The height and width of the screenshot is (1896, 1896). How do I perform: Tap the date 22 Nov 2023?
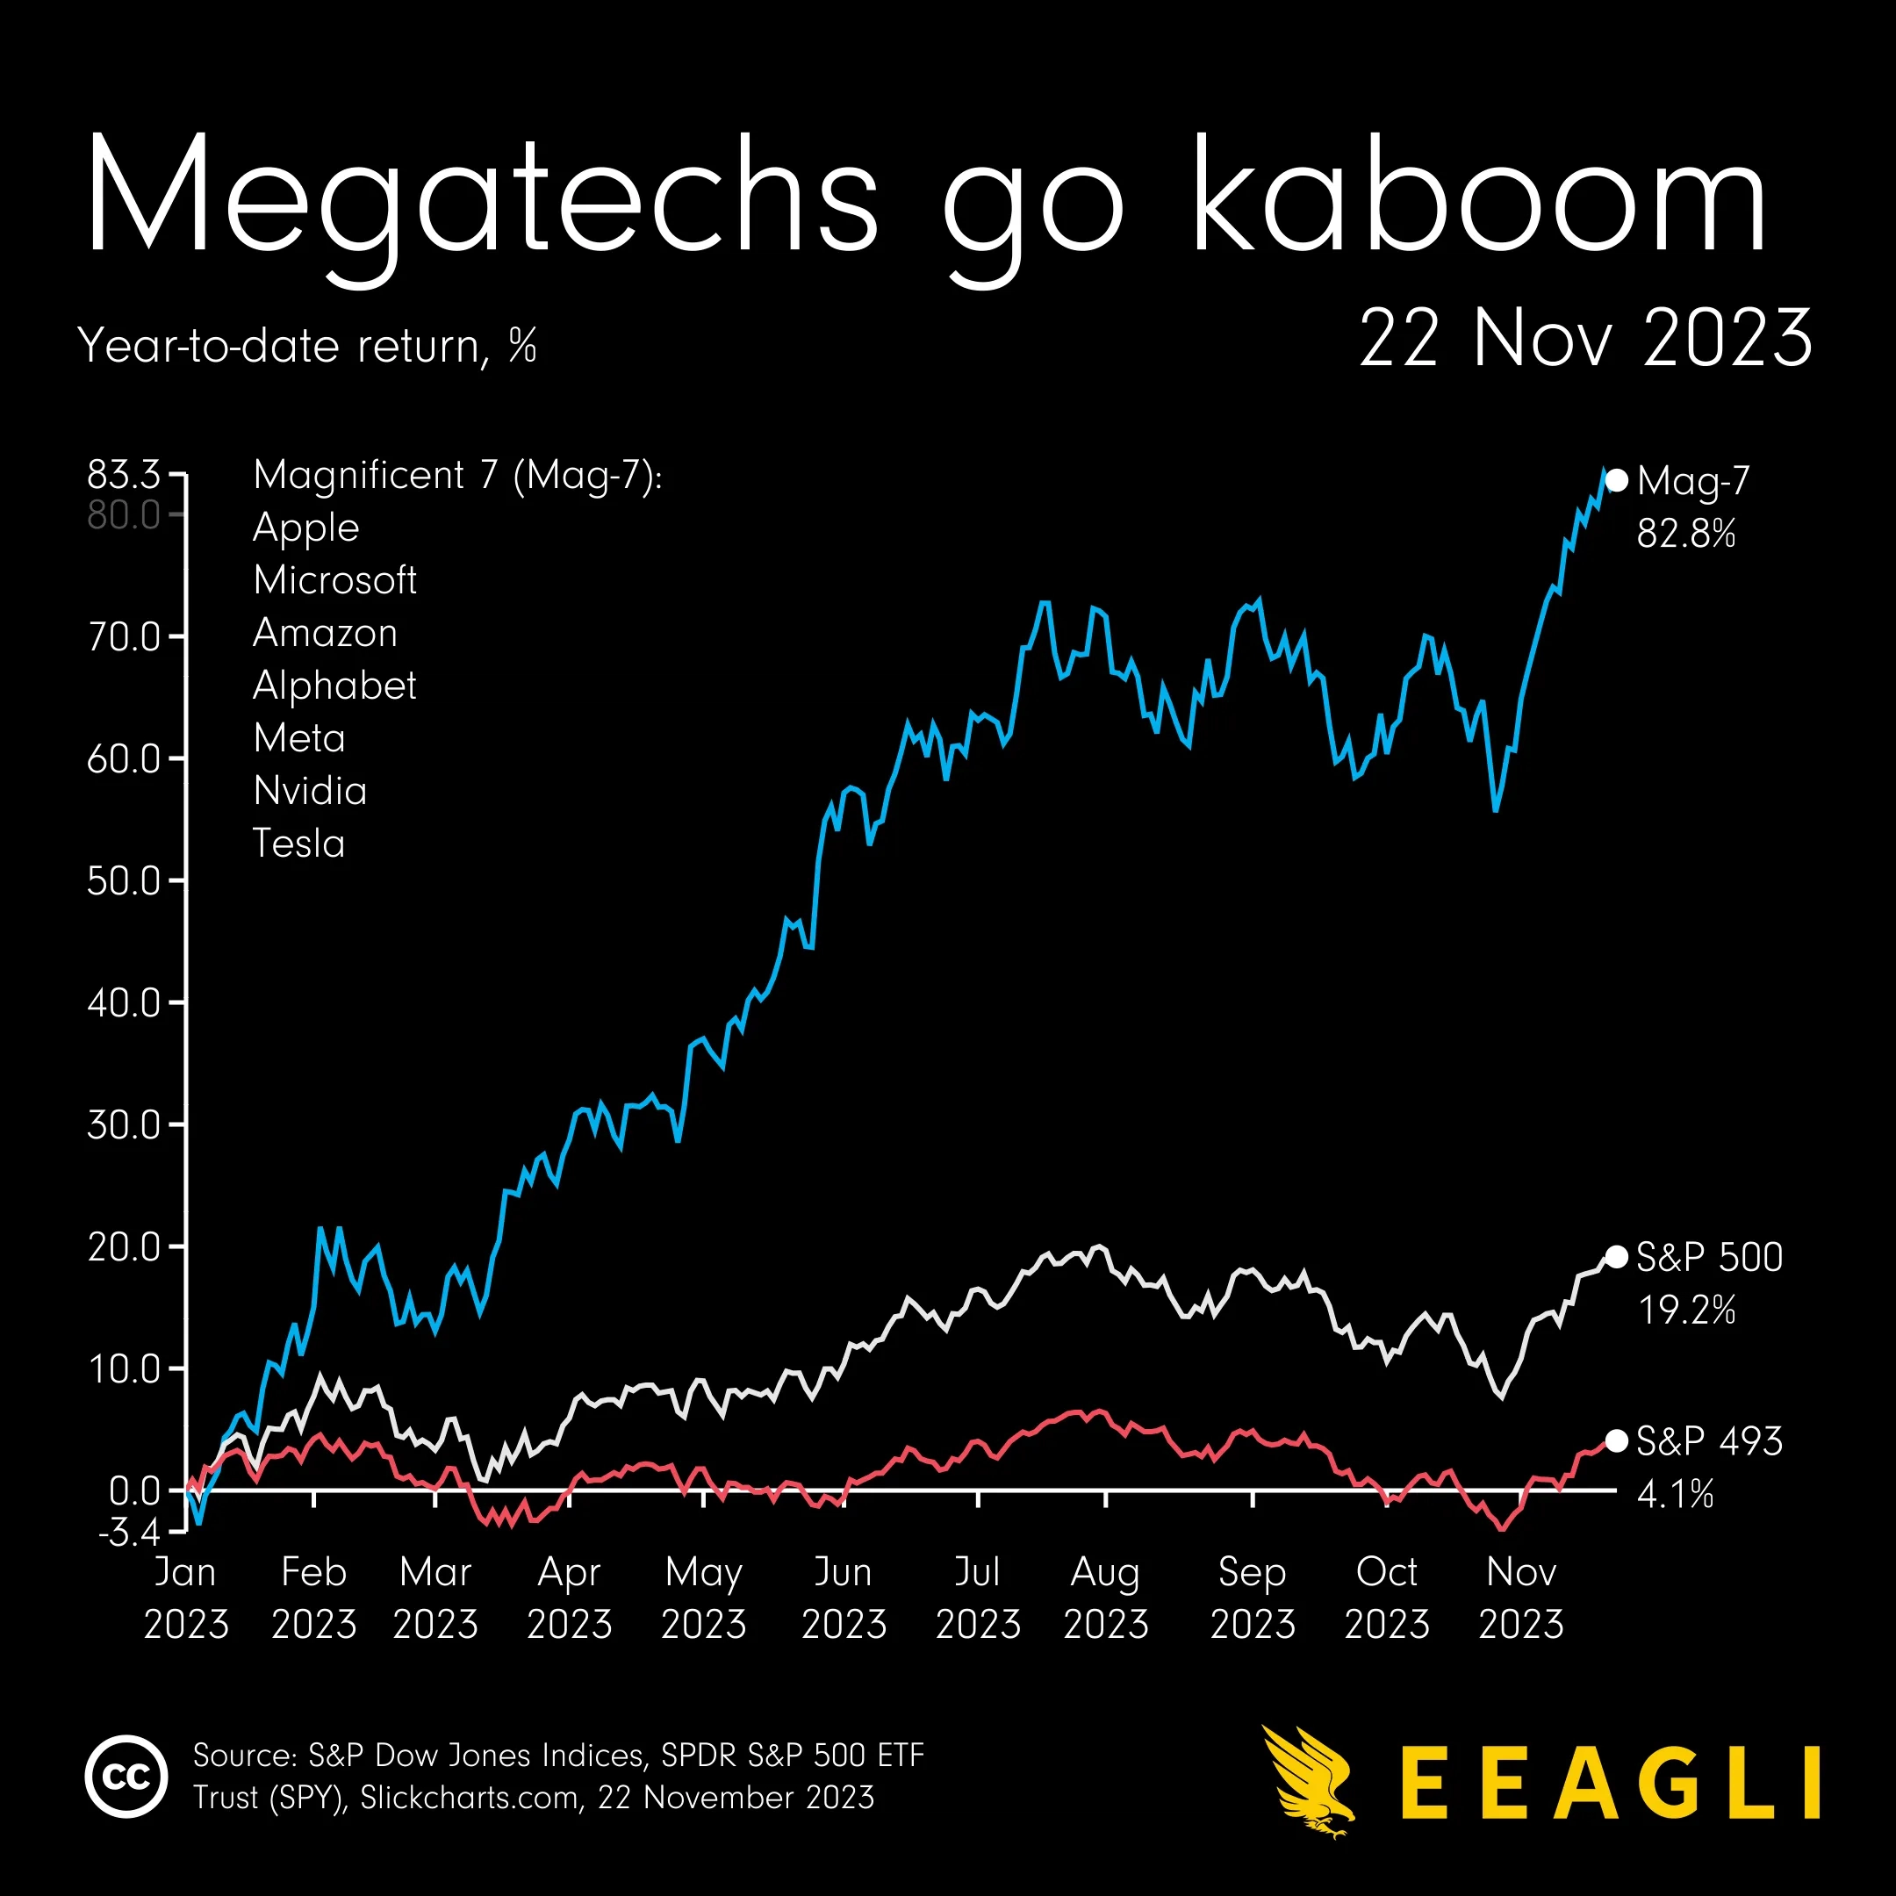pyautogui.click(x=1585, y=338)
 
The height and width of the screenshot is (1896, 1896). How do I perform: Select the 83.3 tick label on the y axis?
pyautogui.click(x=124, y=474)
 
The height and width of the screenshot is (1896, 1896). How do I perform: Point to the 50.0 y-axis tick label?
pyautogui.click(x=124, y=880)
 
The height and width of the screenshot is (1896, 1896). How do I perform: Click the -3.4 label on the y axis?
pyautogui.click(x=128, y=1532)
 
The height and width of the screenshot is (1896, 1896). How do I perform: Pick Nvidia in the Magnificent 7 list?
pyautogui.click(x=310, y=791)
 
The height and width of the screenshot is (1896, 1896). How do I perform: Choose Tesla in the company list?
pyautogui.click(x=299, y=844)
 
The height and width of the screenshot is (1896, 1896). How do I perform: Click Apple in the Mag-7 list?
pyautogui.click(x=306, y=528)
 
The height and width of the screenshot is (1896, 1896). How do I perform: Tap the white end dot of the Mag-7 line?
pyautogui.click(x=1616, y=480)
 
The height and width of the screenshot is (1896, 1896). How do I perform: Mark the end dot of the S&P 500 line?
pyautogui.click(x=1616, y=1257)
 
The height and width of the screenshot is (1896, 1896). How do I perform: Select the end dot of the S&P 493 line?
pyautogui.click(x=1616, y=1440)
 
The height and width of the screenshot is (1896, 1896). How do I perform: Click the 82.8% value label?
pyautogui.click(x=1686, y=534)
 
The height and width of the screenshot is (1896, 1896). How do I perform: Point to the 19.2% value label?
pyautogui.click(x=1687, y=1311)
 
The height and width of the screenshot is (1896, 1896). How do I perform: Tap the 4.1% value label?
pyautogui.click(x=1675, y=1495)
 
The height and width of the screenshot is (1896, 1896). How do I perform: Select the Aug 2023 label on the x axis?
pyautogui.click(x=1106, y=1598)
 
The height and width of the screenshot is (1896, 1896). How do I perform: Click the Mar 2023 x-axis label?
pyautogui.click(x=435, y=1598)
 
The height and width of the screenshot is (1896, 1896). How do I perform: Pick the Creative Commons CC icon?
pyautogui.click(x=126, y=1777)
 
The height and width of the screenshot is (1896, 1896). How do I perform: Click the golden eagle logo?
pyautogui.click(x=1308, y=1778)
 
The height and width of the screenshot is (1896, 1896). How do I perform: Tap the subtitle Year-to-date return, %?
pyautogui.click(x=307, y=346)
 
